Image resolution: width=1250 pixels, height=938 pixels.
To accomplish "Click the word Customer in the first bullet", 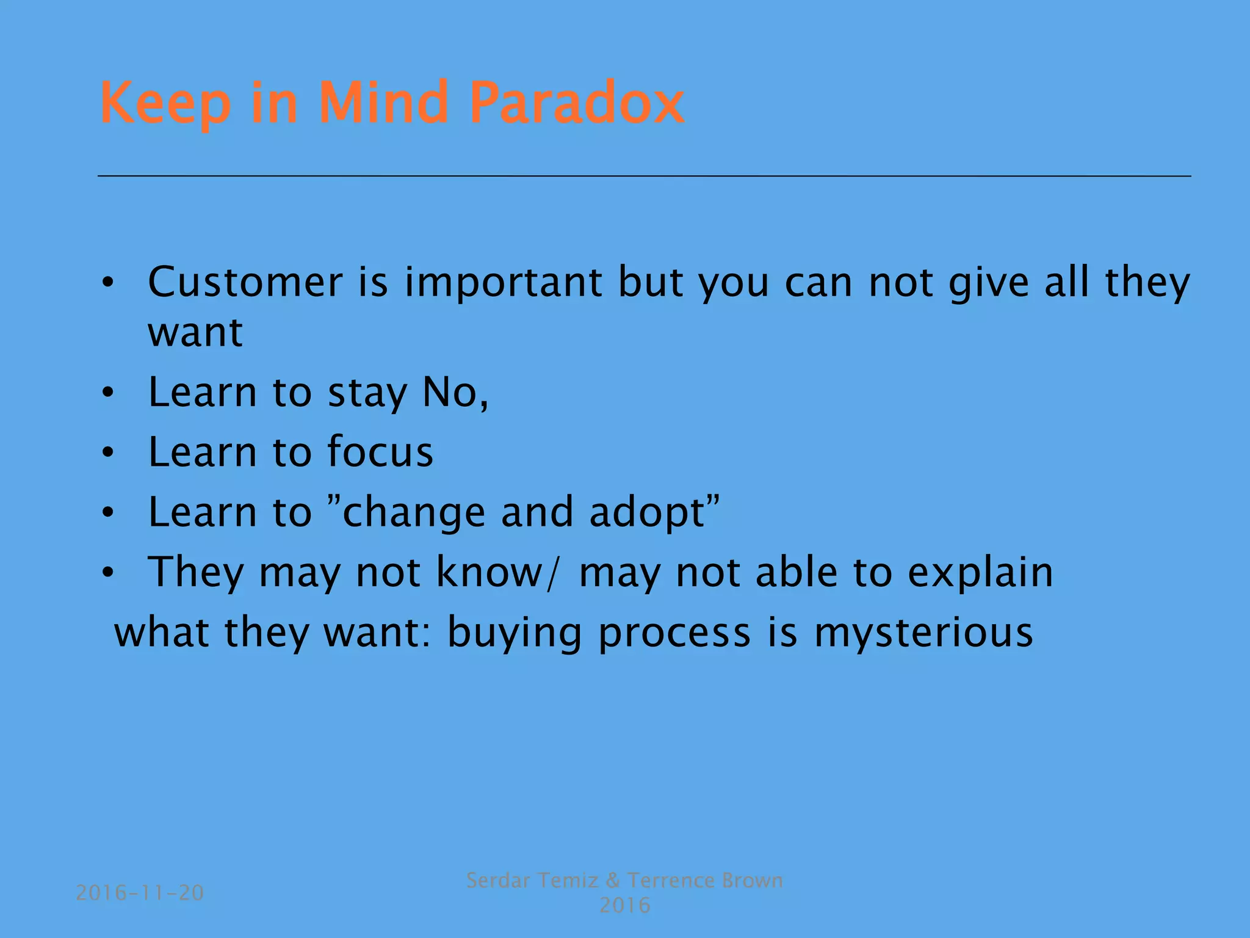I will pyautogui.click(x=245, y=282).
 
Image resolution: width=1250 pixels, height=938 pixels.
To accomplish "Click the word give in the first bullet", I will pyautogui.click(x=989, y=283).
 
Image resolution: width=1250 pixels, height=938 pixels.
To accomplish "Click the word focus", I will pyautogui.click(x=380, y=452).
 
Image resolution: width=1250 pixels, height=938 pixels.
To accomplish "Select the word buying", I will pyautogui.click(x=514, y=634).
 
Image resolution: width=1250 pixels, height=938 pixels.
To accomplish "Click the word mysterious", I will pyautogui.click(x=923, y=634).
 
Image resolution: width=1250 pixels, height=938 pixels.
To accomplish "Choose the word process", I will pyautogui.click(x=674, y=634).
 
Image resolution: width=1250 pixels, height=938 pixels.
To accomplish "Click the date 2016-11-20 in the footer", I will pyautogui.click(x=140, y=893).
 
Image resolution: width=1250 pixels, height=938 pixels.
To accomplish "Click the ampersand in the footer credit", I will pyautogui.click(x=613, y=881).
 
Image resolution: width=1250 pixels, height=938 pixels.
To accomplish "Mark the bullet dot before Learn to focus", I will pyautogui.click(x=108, y=453).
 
